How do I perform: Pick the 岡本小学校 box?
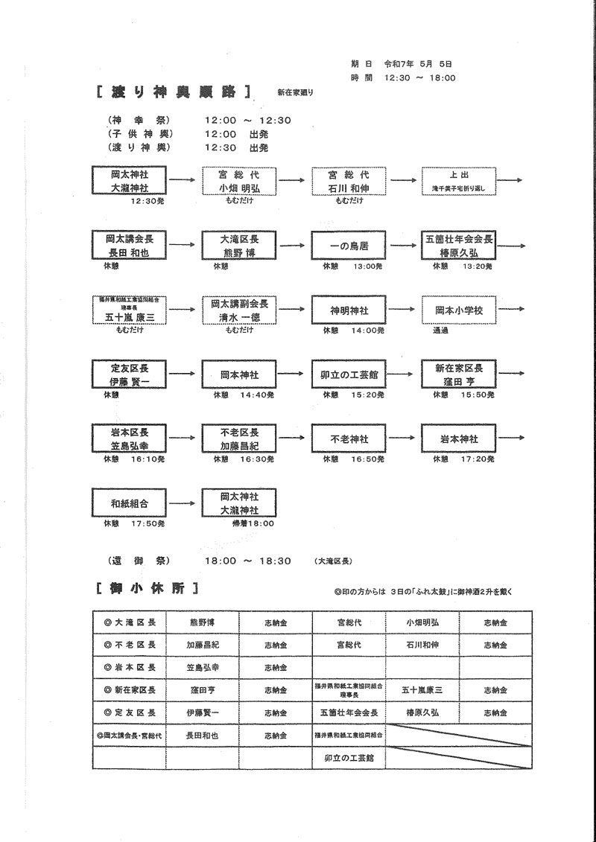(458, 310)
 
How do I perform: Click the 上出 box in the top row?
(458, 181)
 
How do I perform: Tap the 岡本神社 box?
(238, 374)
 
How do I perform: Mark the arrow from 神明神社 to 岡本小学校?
(403, 310)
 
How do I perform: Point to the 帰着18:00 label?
(253, 524)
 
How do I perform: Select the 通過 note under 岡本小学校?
(440, 331)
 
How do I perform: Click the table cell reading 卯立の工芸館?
(349, 757)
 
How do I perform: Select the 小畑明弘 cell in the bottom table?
(422, 622)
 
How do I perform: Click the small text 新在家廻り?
(295, 93)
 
